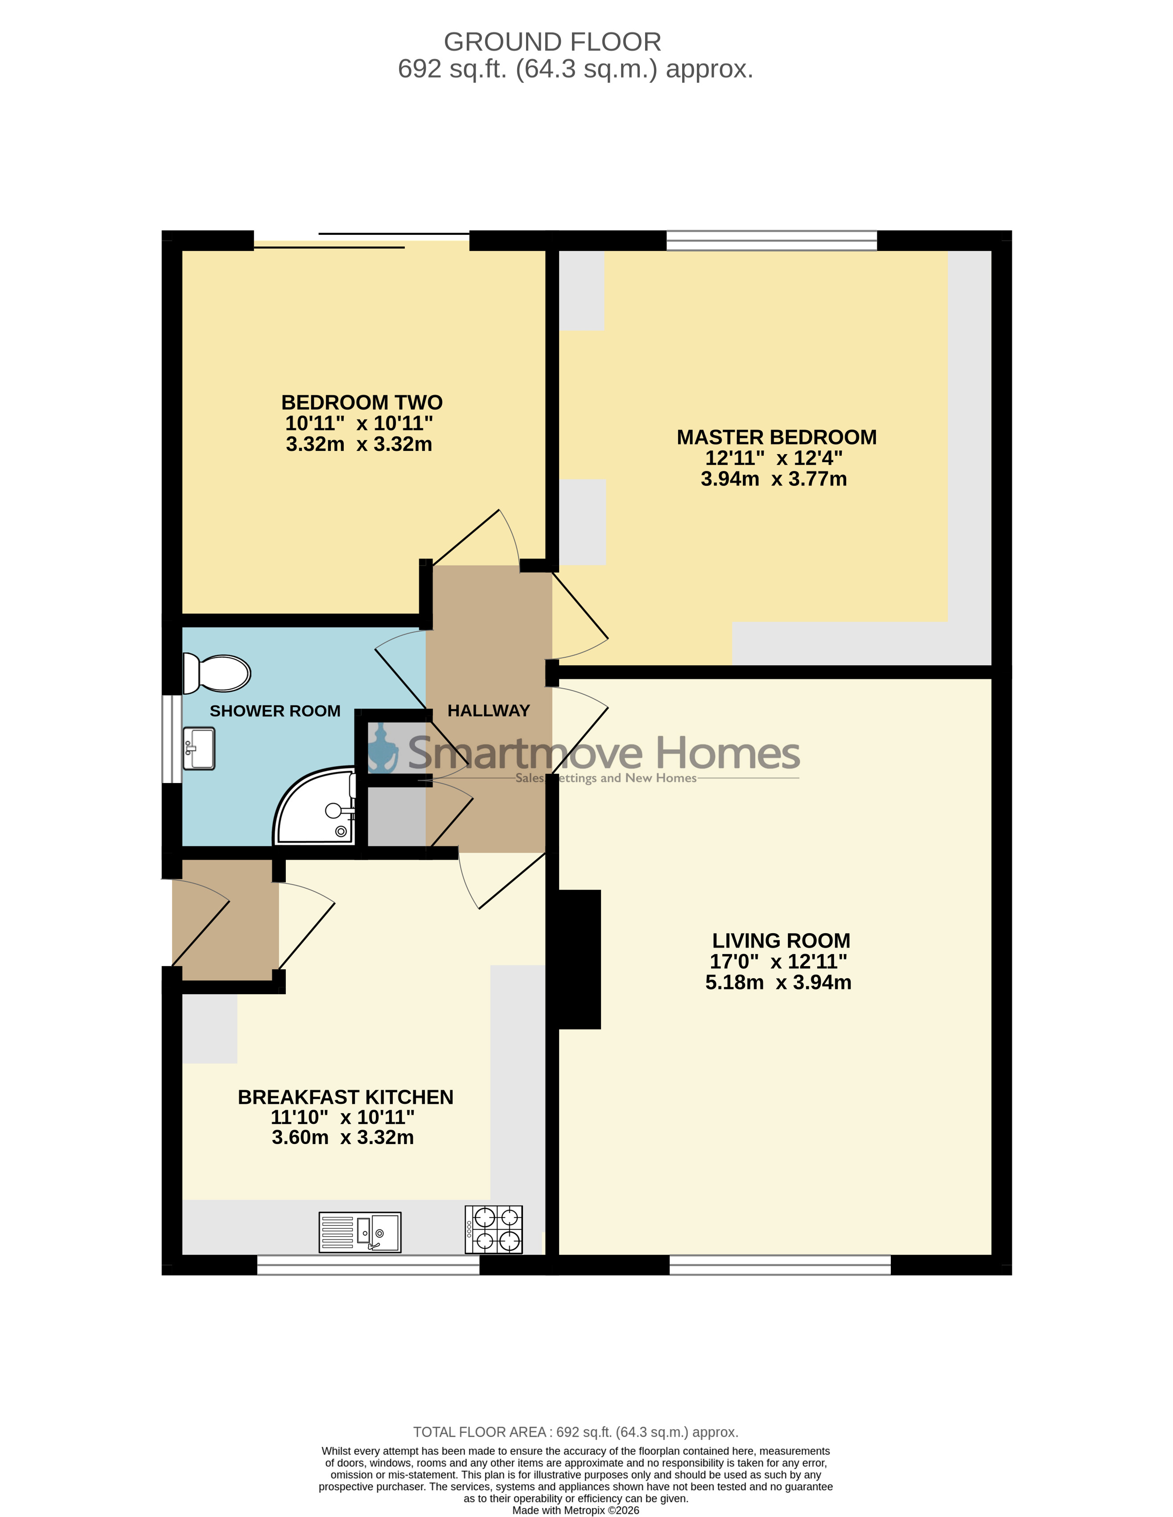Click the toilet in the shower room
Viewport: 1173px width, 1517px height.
[x=216, y=674]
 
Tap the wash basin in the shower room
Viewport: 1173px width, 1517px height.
[x=199, y=748]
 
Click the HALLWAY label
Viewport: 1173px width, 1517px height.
[x=489, y=710]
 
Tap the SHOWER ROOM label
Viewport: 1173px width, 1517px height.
[x=275, y=711]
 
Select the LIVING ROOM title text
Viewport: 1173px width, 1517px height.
[x=781, y=940]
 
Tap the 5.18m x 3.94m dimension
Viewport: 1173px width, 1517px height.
[x=778, y=982]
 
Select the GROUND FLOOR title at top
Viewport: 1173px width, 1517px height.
[x=552, y=42]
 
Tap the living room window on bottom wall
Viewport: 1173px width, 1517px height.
[x=780, y=1264]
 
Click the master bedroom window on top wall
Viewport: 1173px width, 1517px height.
[x=771, y=240]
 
